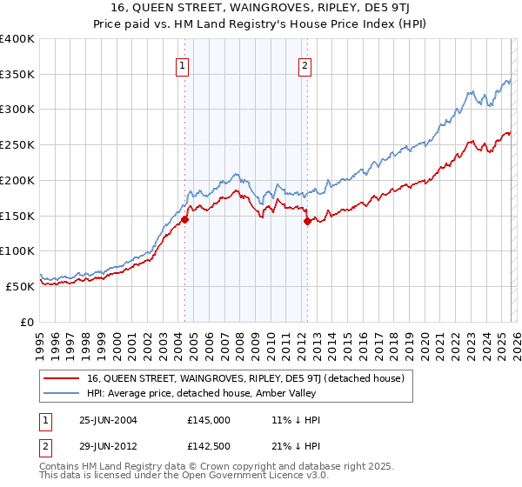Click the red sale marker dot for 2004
[x=184, y=219]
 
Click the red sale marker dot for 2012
[x=307, y=221]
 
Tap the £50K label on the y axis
[x=20, y=286]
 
